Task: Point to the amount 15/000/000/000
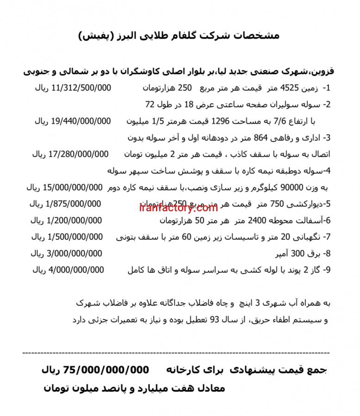[73, 187]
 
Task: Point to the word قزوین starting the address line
[324, 71]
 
